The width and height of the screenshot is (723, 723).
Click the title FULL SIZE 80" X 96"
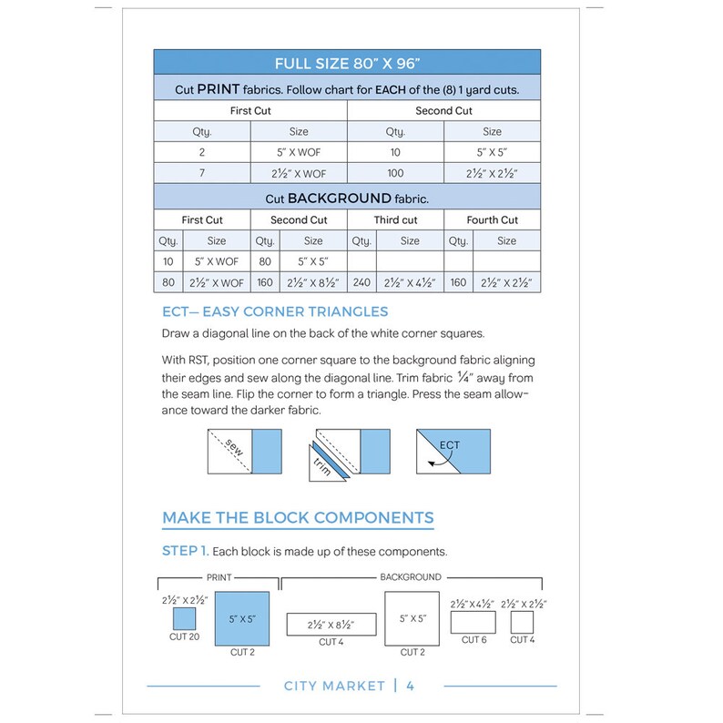pos(347,64)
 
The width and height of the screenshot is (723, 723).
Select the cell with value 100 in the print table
pos(395,174)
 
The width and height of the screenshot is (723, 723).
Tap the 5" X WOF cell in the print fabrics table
pos(298,153)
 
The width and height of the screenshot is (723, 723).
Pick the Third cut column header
pos(395,220)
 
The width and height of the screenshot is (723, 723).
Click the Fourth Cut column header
pos(492,220)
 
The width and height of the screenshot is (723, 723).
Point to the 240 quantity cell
pos(361,282)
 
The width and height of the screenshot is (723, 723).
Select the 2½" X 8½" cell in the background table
pos(312,282)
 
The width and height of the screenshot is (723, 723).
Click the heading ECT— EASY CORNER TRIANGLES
pos(274,311)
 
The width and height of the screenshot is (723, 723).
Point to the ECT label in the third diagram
pos(449,445)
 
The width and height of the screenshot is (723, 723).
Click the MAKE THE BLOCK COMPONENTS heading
pos(298,518)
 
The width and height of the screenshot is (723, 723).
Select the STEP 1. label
pos(186,551)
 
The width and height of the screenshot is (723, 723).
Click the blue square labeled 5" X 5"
pos(241,619)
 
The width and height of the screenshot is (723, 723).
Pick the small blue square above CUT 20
pos(185,619)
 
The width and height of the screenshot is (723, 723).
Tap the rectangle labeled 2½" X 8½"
pos(331,625)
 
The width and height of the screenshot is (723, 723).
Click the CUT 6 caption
pos(474,640)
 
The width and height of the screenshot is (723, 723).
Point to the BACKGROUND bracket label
pos(410,577)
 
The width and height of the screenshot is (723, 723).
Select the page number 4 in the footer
pos(411,686)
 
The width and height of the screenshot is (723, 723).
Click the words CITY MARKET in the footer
pos(334,686)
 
